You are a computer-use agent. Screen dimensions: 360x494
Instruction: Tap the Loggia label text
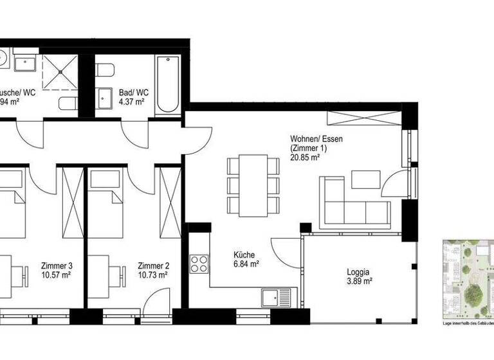pyautogui.click(x=358, y=271)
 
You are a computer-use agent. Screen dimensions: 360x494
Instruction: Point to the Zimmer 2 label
pyautogui.click(x=152, y=265)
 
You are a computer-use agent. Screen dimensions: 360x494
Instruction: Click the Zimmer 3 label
pyautogui.click(x=56, y=265)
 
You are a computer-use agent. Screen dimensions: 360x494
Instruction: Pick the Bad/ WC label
pyautogui.click(x=131, y=92)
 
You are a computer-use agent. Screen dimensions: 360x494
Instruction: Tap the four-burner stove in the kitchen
pyautogui.click(x=199, y=263)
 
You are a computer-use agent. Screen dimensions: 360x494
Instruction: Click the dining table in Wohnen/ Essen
pyautogui.click(x=254, y=184)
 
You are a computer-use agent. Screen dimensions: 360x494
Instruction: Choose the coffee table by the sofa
pyautogui.click(x=366, y=179)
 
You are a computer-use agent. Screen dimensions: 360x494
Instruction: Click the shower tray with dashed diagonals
pyautogui.click(x=60, y=71)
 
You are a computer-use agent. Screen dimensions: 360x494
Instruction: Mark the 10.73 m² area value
pyautogui.click(x=152, y=274)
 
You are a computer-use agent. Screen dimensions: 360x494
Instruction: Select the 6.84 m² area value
pyautogui.click(x=246, y=264)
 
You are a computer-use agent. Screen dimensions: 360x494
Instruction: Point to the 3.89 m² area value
pyautogui.click(x=358, y=280)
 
